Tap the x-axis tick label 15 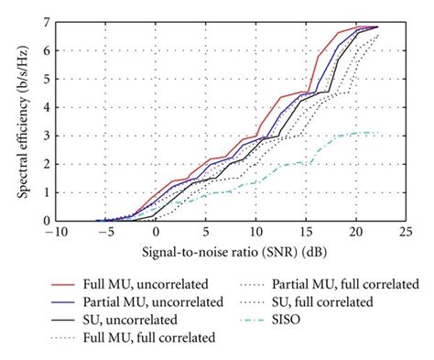(x=308, y=233)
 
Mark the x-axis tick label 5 (x=206, y=233)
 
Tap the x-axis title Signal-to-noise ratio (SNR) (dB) (x=231, y=250)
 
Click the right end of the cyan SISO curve (x=378, y=133)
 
